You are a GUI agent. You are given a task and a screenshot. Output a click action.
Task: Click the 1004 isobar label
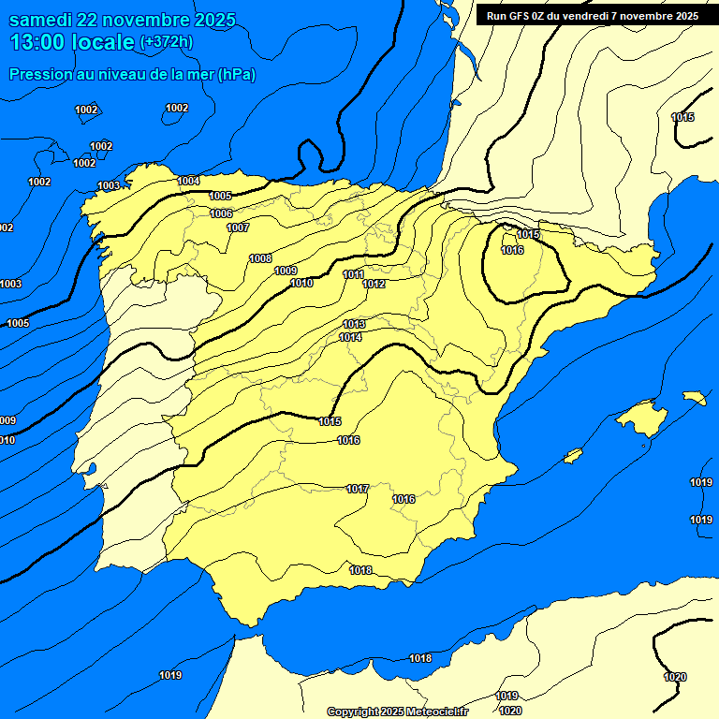pos(188,181)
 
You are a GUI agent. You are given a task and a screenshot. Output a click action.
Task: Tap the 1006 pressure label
pos(221,213)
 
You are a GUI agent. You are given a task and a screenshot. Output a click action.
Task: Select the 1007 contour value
pos(238,227)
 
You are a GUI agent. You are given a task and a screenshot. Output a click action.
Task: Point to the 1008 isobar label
pos(260,258)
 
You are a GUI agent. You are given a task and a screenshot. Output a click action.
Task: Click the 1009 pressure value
pos(286,271)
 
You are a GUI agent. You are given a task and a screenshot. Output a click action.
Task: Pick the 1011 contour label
pos(353,274)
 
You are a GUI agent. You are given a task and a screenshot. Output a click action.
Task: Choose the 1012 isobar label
pos(374,284)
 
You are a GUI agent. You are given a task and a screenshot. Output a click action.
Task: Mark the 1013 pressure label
pos(353,324)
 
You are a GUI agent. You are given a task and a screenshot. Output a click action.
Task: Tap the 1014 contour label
pos(350,337)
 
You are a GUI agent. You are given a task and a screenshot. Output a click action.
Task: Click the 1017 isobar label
pos(357,489)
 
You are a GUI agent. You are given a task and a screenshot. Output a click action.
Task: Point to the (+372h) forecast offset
pos(166,42)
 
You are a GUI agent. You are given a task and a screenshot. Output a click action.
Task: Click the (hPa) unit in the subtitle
pos(236,74)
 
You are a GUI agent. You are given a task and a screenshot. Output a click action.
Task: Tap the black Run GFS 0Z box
pos(593,15)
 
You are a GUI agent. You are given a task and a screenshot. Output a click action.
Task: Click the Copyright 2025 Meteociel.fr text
pos(396,712)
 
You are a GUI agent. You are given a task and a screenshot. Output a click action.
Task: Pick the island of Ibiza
pos(573,456)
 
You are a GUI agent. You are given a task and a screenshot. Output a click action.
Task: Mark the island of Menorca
pos(694,398)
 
